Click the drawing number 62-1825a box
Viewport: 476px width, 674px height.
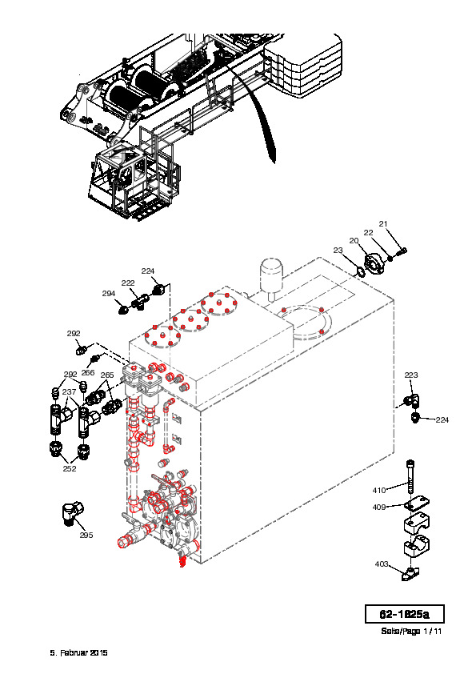point(404,614)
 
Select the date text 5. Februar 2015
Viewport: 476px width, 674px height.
point(78,652)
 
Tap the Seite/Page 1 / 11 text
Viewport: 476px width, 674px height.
point(411,631)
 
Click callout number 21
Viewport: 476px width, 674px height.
point(383,223)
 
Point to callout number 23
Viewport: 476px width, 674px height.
point(338,250)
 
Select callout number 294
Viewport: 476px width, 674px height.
point(109,293)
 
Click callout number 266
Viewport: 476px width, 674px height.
point(88,372)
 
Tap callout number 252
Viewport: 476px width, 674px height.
point(70,468)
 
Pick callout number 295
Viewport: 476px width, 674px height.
point(86,535)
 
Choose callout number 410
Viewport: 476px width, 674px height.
point(379,490)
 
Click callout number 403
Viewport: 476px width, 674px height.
point(382,564)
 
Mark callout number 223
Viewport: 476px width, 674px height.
point(411,375)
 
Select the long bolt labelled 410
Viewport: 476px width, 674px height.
point(410,477)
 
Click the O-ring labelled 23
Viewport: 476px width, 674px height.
point(359,271)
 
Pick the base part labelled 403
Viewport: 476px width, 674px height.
point(410,574)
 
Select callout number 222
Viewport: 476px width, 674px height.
point(128,283)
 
